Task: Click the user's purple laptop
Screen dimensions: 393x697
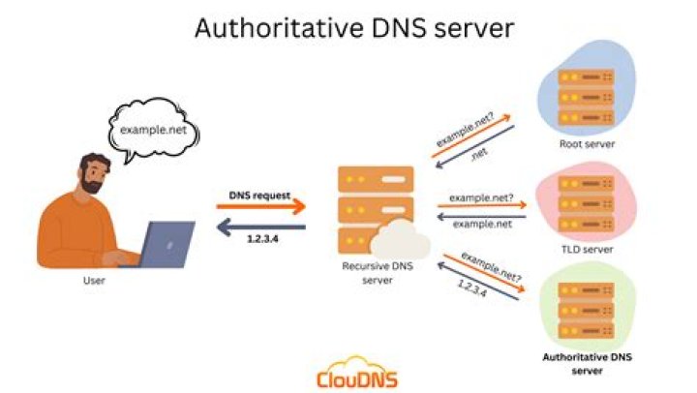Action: click(167, 243)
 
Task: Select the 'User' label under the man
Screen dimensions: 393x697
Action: click(94, 282)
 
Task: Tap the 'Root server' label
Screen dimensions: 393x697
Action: click(587, 144)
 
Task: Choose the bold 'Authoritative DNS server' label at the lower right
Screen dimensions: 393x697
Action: click(587, 363)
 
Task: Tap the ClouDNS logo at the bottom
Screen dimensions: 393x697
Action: click(357, 375)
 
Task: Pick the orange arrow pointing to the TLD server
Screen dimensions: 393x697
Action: click(481, 204)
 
